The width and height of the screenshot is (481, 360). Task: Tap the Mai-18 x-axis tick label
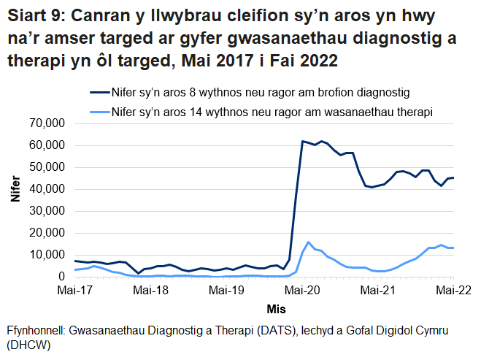click(x=150, y=291)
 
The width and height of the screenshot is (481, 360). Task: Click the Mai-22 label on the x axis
click(x=453, y=291)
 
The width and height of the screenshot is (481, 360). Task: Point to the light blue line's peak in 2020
click(x=309, y=242)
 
